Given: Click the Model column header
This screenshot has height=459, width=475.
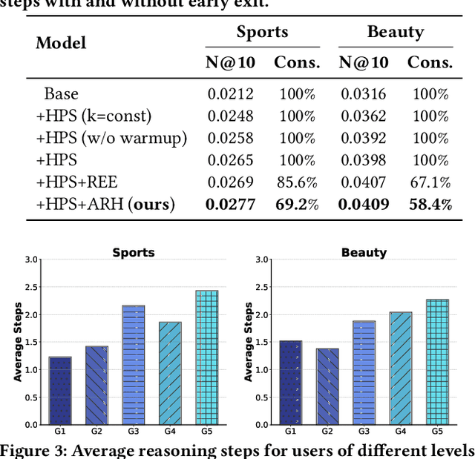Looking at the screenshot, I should [61, 43].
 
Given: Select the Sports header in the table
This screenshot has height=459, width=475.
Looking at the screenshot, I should [263, 32].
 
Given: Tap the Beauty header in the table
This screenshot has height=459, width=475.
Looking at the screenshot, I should [395, 32].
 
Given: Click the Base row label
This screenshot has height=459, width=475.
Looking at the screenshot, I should [61, 93].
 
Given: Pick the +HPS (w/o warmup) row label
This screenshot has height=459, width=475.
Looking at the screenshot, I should [111, 138].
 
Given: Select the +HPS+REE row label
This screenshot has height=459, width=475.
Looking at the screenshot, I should [76, 182].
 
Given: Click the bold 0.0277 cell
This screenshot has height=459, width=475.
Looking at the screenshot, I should [230, 205].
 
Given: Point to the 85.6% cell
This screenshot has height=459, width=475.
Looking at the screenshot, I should [297, 182].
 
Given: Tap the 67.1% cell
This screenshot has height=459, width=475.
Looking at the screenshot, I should [430, 182].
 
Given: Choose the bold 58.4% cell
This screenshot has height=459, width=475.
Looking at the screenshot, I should [430, 205].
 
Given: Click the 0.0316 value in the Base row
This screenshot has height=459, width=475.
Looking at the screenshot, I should [364, 93].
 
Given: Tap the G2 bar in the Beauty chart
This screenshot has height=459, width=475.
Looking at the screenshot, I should [327, 386].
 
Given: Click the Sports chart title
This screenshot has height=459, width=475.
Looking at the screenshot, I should [134, 252].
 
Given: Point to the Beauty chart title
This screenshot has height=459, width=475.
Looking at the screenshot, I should [364, 252].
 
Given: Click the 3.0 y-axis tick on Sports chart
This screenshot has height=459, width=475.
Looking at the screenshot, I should [31, 260].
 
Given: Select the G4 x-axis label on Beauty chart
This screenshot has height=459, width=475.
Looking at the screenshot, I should [400, 431].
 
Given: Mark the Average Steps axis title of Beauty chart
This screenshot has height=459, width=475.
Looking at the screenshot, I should [249, 342].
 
